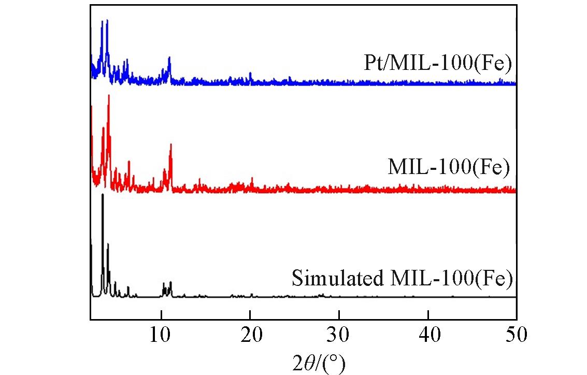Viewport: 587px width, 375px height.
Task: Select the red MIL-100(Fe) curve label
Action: pos(449,167)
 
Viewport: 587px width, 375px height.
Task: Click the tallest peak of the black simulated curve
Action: pos(103,195)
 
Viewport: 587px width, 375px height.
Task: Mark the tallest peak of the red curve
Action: pos(108,96)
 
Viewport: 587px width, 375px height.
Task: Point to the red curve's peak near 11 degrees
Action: pos(170,146)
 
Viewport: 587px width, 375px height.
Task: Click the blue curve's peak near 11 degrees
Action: pos(169,59)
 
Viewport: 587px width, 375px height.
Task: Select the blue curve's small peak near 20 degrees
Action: pos(250,74)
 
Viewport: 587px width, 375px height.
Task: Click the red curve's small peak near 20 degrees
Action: pos(252,179)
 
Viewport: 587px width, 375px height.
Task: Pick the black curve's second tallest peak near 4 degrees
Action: pos(108,244)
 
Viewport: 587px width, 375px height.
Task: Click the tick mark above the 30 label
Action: pos(339,317)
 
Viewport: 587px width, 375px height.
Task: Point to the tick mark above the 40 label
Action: pos(428,317)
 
